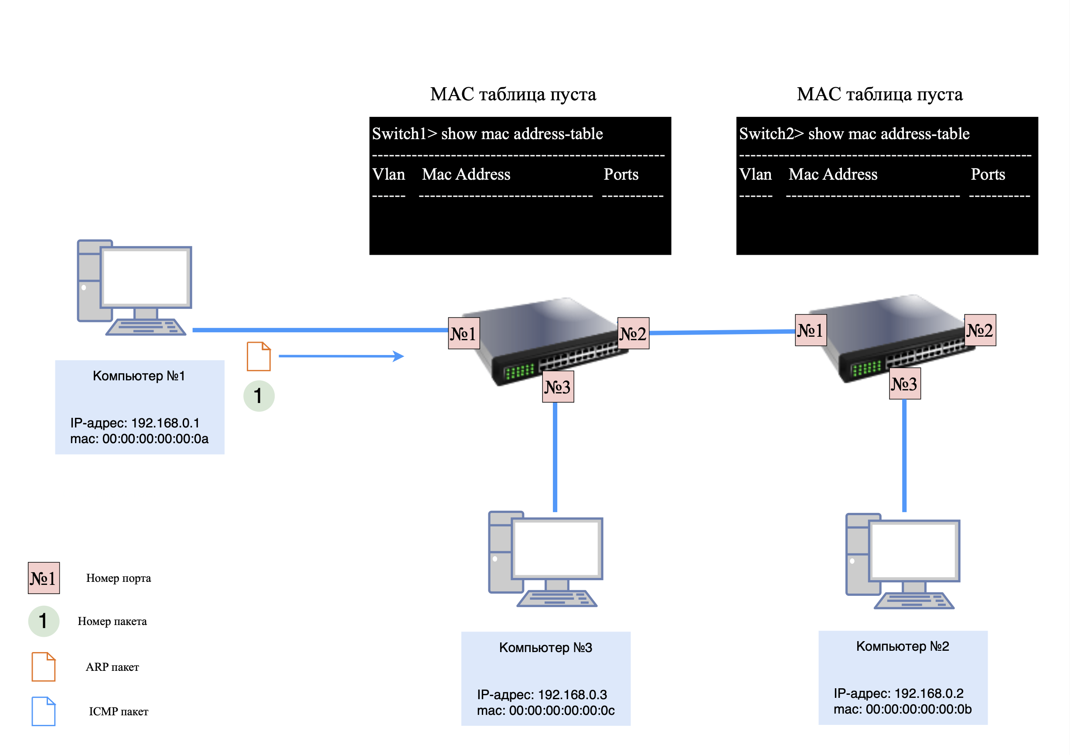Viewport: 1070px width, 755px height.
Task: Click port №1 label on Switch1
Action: [x=463, y=333]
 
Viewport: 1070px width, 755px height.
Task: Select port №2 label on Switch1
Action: [x=633, y=333]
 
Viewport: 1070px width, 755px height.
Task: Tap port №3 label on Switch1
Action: [x=558, y=386]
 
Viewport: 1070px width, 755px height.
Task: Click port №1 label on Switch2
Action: [x=811, y=330]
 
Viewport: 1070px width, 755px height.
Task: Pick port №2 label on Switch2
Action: [x=980, y=330]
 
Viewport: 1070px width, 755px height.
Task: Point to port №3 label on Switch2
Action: [x=905, y=383]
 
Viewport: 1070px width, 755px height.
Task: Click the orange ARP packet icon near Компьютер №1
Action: [x=259, y=356]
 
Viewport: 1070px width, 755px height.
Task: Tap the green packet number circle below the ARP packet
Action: [x=259, y=396]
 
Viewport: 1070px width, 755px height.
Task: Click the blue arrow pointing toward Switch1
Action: [x=341, y=356]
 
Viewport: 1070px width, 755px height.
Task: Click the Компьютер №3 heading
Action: [x=545, y=647]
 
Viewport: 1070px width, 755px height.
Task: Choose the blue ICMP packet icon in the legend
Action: [x=43, y=711]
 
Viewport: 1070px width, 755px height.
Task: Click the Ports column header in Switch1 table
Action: [x=621, y=174]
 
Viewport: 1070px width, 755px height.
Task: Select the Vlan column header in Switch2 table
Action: [x=755, y=174]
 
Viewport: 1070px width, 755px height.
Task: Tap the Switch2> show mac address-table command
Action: [x=854, y=134]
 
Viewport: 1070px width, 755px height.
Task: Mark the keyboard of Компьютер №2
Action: [x=914, y=601]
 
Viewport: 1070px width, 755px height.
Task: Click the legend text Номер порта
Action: [x=118, y=578]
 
